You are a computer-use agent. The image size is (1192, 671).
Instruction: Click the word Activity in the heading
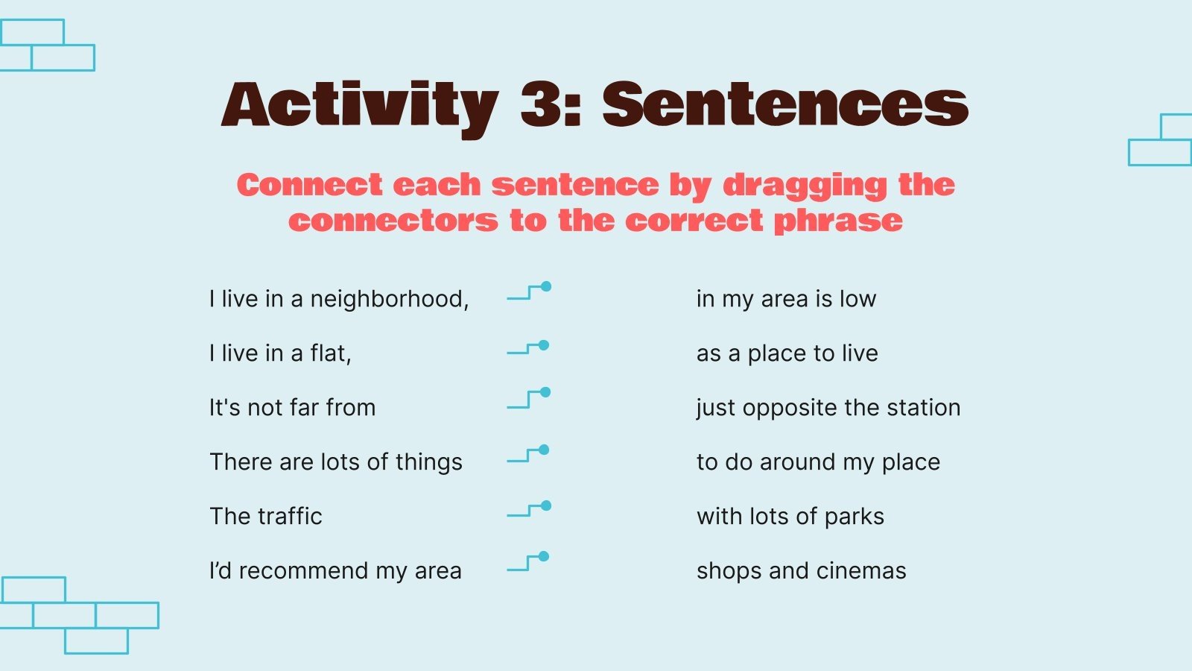(x=360, y=110)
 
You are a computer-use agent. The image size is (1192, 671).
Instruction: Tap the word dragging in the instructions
(x=805, y=186)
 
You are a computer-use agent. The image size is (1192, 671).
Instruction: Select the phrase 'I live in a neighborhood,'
(x=339, y=299)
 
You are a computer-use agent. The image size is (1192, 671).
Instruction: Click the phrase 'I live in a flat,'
(x=280, y=353)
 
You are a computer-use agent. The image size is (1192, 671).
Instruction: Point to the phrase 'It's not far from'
(x=292, y=408)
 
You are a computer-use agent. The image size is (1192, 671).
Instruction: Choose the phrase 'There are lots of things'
(x=336, y=462)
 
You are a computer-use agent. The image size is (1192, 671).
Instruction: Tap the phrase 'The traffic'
(x=265, y=517)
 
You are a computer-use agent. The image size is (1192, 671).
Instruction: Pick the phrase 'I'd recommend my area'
(x=335, y=571)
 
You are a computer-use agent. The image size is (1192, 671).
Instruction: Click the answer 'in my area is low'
(x=786, y=299)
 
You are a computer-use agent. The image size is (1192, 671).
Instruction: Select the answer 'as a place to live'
(x=787, y=353)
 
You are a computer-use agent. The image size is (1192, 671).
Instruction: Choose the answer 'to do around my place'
(x=819, y=462)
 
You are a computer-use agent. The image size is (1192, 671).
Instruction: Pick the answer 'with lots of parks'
(x=790, y=517)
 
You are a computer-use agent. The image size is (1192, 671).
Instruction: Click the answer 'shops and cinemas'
(x=802, y=571)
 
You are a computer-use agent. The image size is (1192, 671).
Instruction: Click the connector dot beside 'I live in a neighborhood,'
(x=546, y=286)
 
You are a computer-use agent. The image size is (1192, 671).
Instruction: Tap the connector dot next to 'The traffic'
(x=546, y=505)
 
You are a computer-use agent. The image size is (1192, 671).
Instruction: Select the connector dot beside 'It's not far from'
(x=545, y=392)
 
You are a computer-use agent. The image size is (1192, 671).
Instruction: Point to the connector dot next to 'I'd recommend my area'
(x=544, y=556)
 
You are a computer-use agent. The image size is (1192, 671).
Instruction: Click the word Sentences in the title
(x=785, y=105)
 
